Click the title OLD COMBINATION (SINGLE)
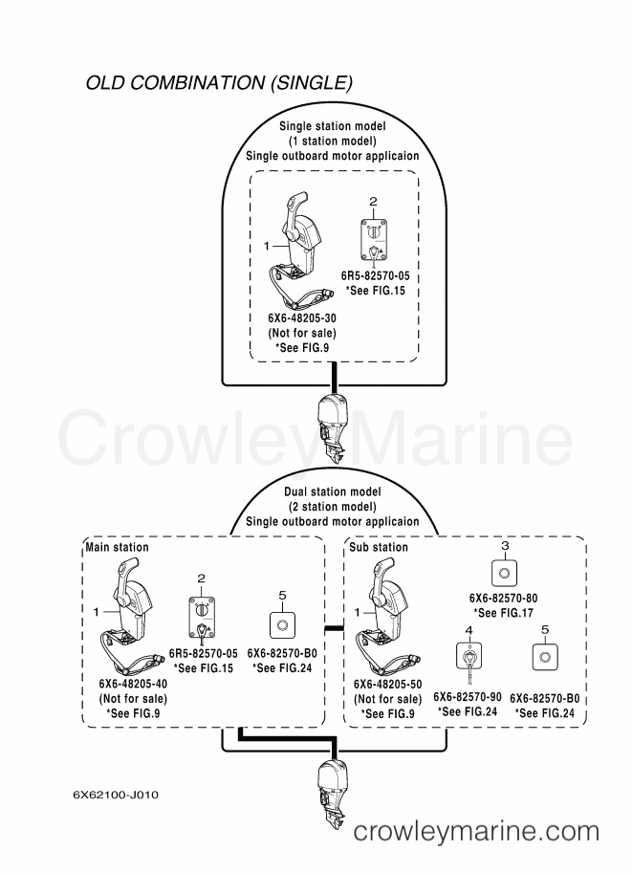[219, 82]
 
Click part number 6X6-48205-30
[302, 317]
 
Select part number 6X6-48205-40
[133, 683]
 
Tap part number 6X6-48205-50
[387, 684]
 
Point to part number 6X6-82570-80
[503, 598]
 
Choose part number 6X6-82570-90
[468, 696]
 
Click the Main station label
[117, 547]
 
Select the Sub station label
[379, 547]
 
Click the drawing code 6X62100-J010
[116, 795]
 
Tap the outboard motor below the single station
[333, 430]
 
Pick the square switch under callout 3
[505, 573]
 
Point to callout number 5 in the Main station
[282, 596]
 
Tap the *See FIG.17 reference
[503, 612]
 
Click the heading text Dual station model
[333, 491]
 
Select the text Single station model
[333, 126]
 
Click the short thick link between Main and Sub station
[334, 628]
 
